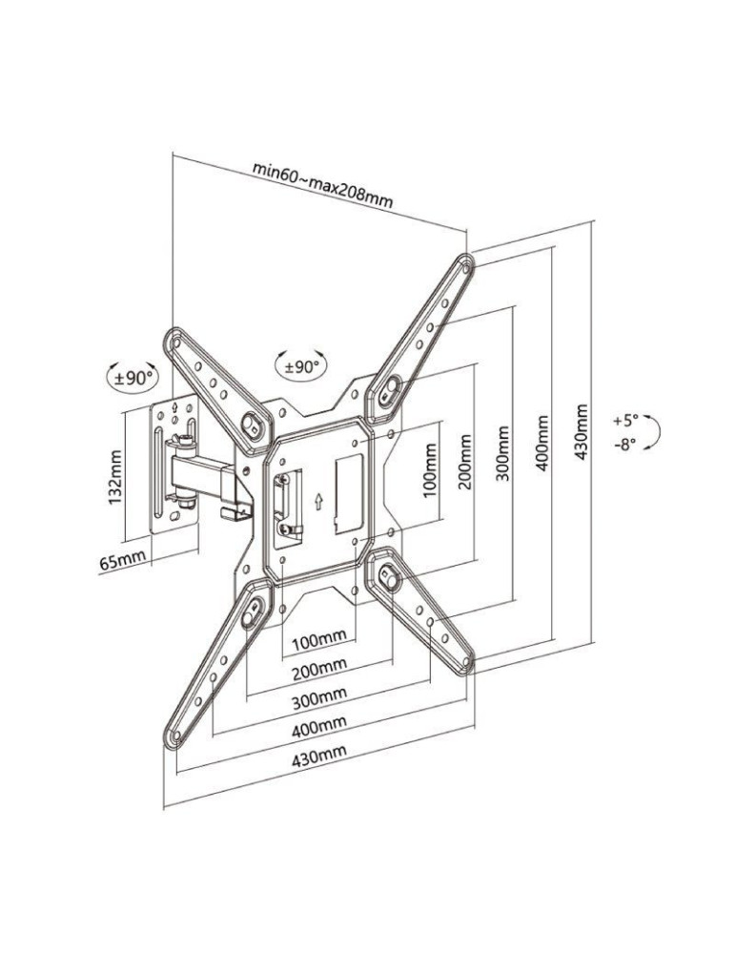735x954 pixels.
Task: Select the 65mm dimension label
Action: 123,560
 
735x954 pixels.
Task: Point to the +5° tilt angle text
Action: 625,420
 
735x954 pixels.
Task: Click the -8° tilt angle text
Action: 624,444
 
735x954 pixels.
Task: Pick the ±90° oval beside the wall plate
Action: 133,377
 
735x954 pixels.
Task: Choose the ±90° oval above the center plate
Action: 299,365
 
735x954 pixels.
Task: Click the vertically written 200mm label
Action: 465,463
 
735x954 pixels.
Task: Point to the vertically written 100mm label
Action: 428,471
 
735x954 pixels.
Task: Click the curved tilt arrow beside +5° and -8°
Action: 656,432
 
